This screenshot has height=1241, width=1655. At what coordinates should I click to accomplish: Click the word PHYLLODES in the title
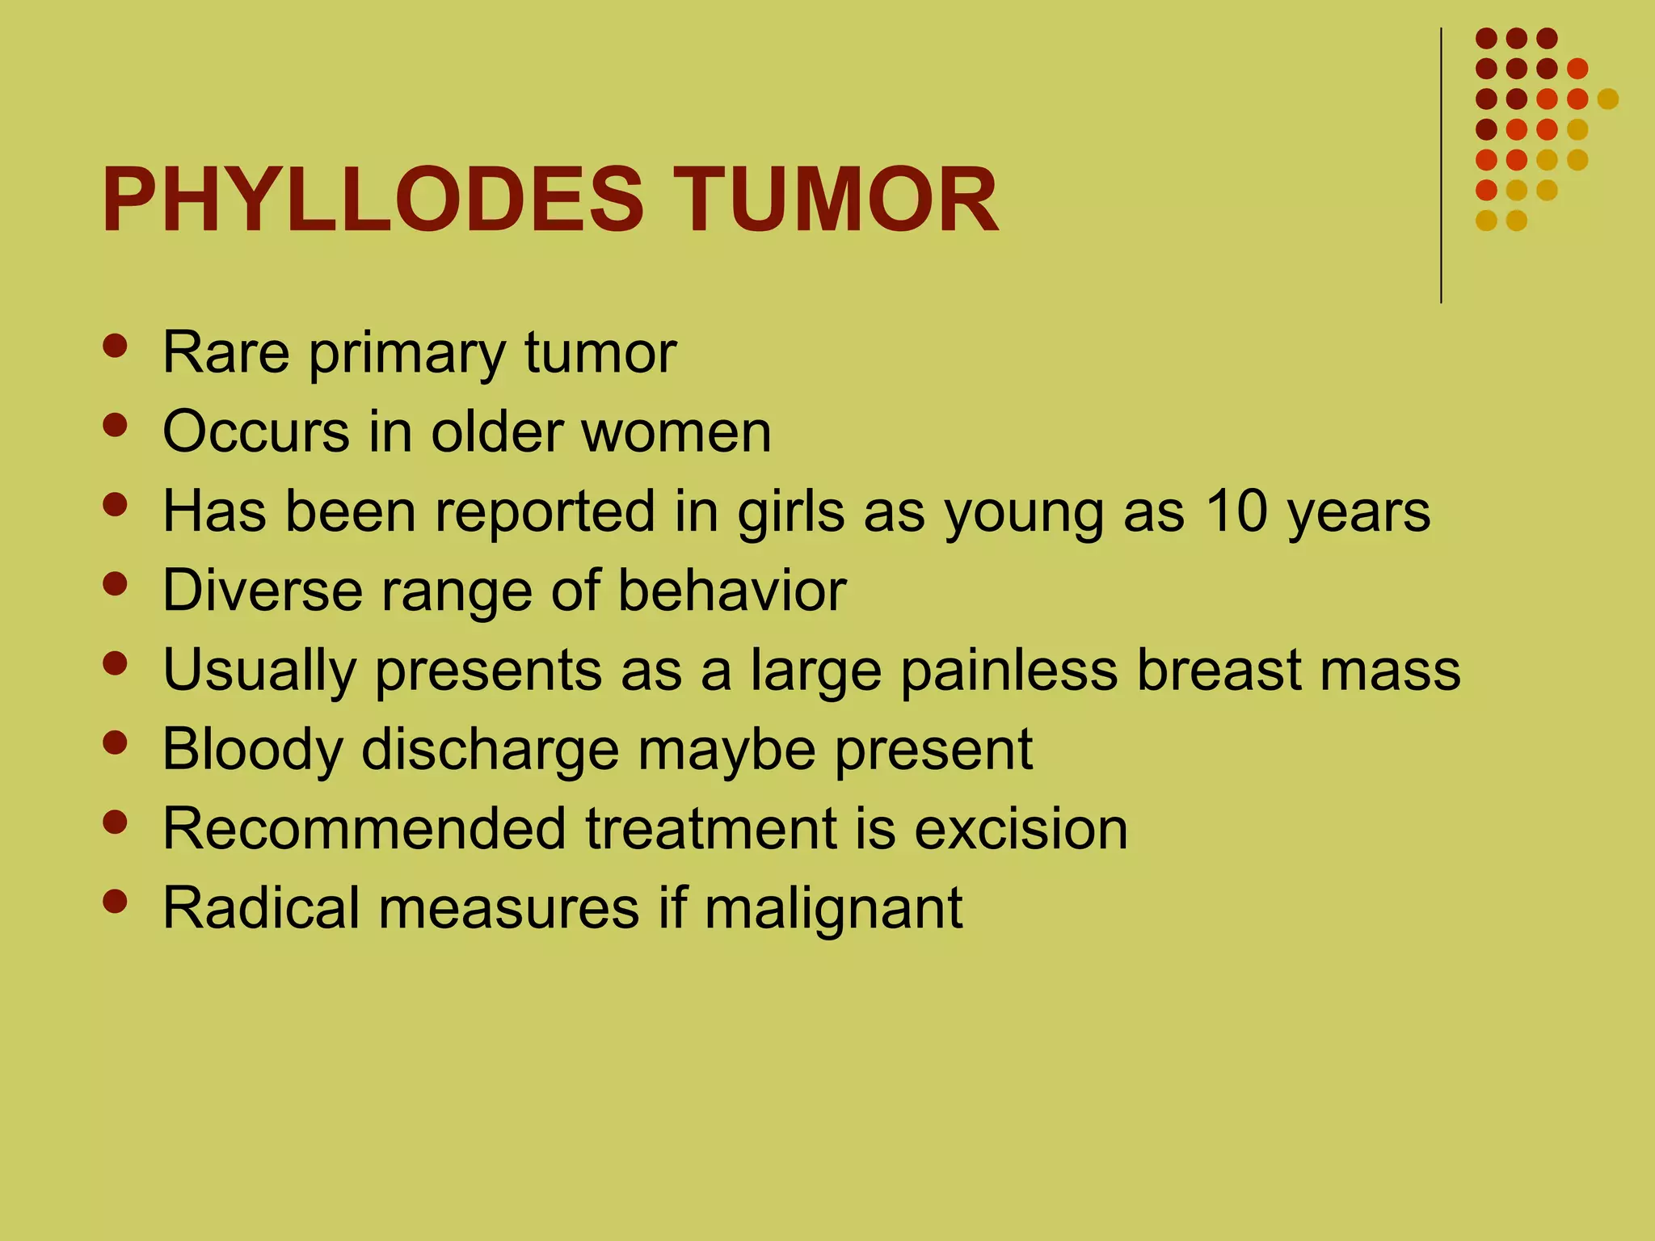[x=372, y=200]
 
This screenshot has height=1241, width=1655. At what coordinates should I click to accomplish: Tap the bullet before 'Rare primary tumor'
[x=116, y=346]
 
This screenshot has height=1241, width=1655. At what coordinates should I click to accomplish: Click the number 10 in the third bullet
[x=1236, y=511]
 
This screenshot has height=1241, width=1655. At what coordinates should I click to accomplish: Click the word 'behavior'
[x=732, y=590]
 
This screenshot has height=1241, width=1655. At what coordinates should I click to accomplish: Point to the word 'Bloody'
[x=252, y=750]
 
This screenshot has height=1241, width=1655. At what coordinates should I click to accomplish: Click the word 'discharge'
[x=489, y=750]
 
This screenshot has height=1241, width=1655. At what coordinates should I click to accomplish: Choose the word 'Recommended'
[x=364, y=828]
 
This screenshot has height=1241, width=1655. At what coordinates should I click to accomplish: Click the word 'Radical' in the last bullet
[x=260, y=907]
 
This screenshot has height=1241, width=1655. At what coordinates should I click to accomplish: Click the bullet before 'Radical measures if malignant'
[x=116, y=901]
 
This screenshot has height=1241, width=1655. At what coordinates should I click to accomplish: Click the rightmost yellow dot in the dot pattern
[x=1607, y=99]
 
